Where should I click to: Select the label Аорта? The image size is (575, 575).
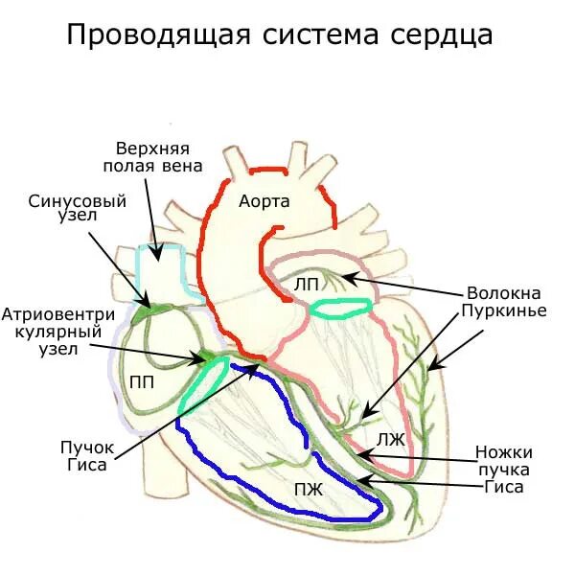pyautogui.click(x=264, y=201)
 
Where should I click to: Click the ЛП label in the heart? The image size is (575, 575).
pyautogui.click(x=307, y=284)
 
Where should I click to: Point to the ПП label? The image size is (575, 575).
pyautogui.click(x=140, y=380)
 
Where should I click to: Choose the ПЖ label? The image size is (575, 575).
pyautogui.click(x=310, y=489)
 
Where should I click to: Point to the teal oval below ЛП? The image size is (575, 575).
pyautogui.click(x=340, y=308)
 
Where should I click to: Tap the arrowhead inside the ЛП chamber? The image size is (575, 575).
pyautogui.click(x=348, y=279)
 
